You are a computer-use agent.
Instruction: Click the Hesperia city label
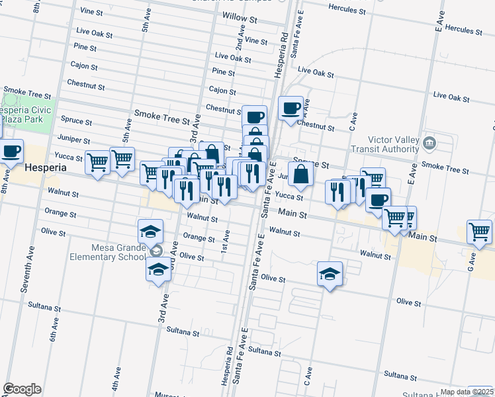(x=45, y=168)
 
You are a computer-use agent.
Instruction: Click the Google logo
(x=22, y=389)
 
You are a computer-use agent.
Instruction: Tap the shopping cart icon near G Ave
(x=479, y=232)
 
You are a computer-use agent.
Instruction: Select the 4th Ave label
(x=116, y=378)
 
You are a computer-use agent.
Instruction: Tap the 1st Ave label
(x=226, y=236)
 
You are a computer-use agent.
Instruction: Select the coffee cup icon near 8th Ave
(x=11, y=151)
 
